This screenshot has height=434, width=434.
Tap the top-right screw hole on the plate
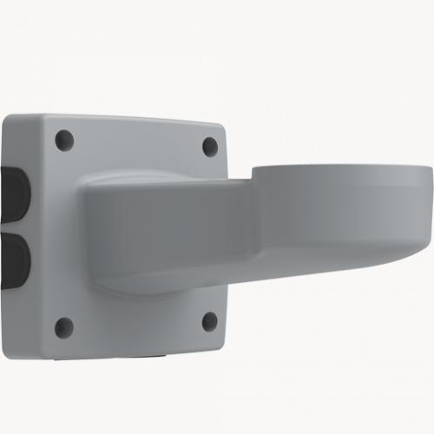(210, 146)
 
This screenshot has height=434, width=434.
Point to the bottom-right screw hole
(209, 322)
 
